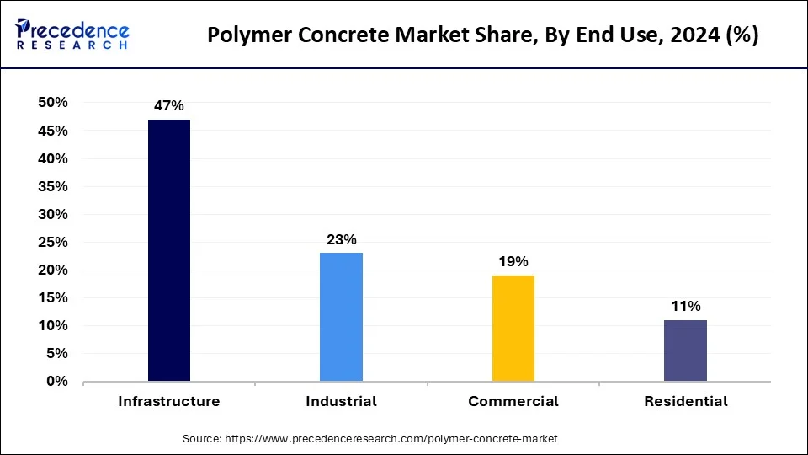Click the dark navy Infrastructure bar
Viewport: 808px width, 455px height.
click(x=169, y=250)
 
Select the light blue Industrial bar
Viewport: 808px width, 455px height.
click(x=341, y=317)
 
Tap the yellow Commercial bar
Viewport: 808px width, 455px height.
click(x=513, y=328)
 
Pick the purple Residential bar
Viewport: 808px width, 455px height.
click(x=685, y=351)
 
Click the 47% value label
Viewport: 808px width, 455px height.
click(x=168, y=106)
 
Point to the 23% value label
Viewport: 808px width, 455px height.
click(x=341, y=239)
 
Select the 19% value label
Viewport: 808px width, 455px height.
click(x=513, y=261)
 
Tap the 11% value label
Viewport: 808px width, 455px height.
click(x=685, y=306)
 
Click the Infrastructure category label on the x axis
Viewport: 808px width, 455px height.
click(x=169, y=402)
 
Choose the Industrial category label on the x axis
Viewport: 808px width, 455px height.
click(x=341, y=402)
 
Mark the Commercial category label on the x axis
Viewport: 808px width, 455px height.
click(x=513, y=402)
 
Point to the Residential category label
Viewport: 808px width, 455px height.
click(x=686, y=402)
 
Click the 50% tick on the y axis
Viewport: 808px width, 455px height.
click(x=52, y=103)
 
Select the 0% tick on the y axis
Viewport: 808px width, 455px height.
click(x=56, y=382)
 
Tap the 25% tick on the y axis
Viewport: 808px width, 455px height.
click(x=52, y=243)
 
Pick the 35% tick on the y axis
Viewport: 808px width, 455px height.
click(x=52, y=186)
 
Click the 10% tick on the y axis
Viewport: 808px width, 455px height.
click(x=52, y=326)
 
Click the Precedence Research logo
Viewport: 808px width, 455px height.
click(x=72, y=35)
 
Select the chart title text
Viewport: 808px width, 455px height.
click(x=483, y=35)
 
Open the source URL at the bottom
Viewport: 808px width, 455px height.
click(x=369, y=439)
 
